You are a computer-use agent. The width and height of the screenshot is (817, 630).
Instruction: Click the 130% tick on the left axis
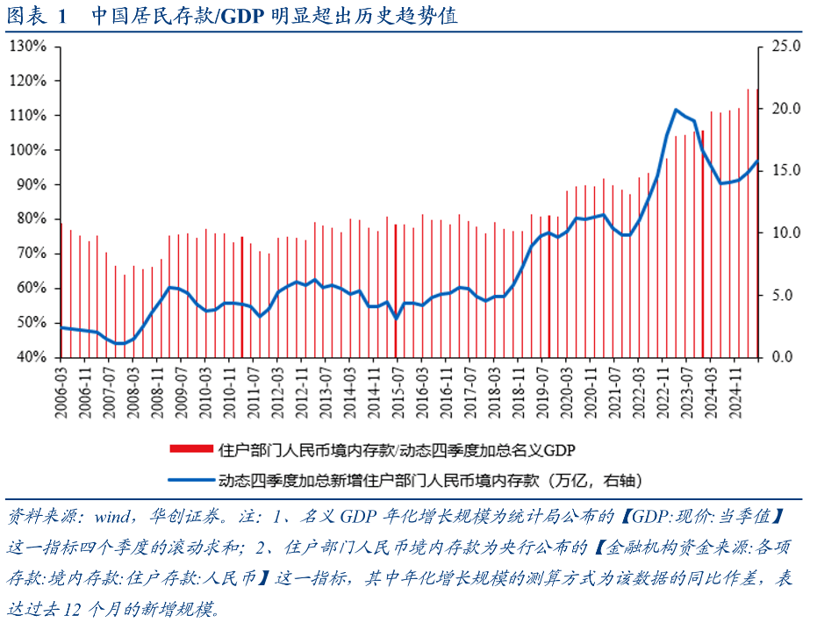click(27, 46)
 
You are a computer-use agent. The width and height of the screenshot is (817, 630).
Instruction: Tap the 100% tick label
click(27, 150)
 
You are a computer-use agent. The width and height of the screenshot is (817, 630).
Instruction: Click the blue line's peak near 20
click(676, 110)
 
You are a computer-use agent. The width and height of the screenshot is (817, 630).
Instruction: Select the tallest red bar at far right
click(757, 211)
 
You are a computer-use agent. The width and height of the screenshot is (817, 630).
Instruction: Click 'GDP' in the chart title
click(242, 16)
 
